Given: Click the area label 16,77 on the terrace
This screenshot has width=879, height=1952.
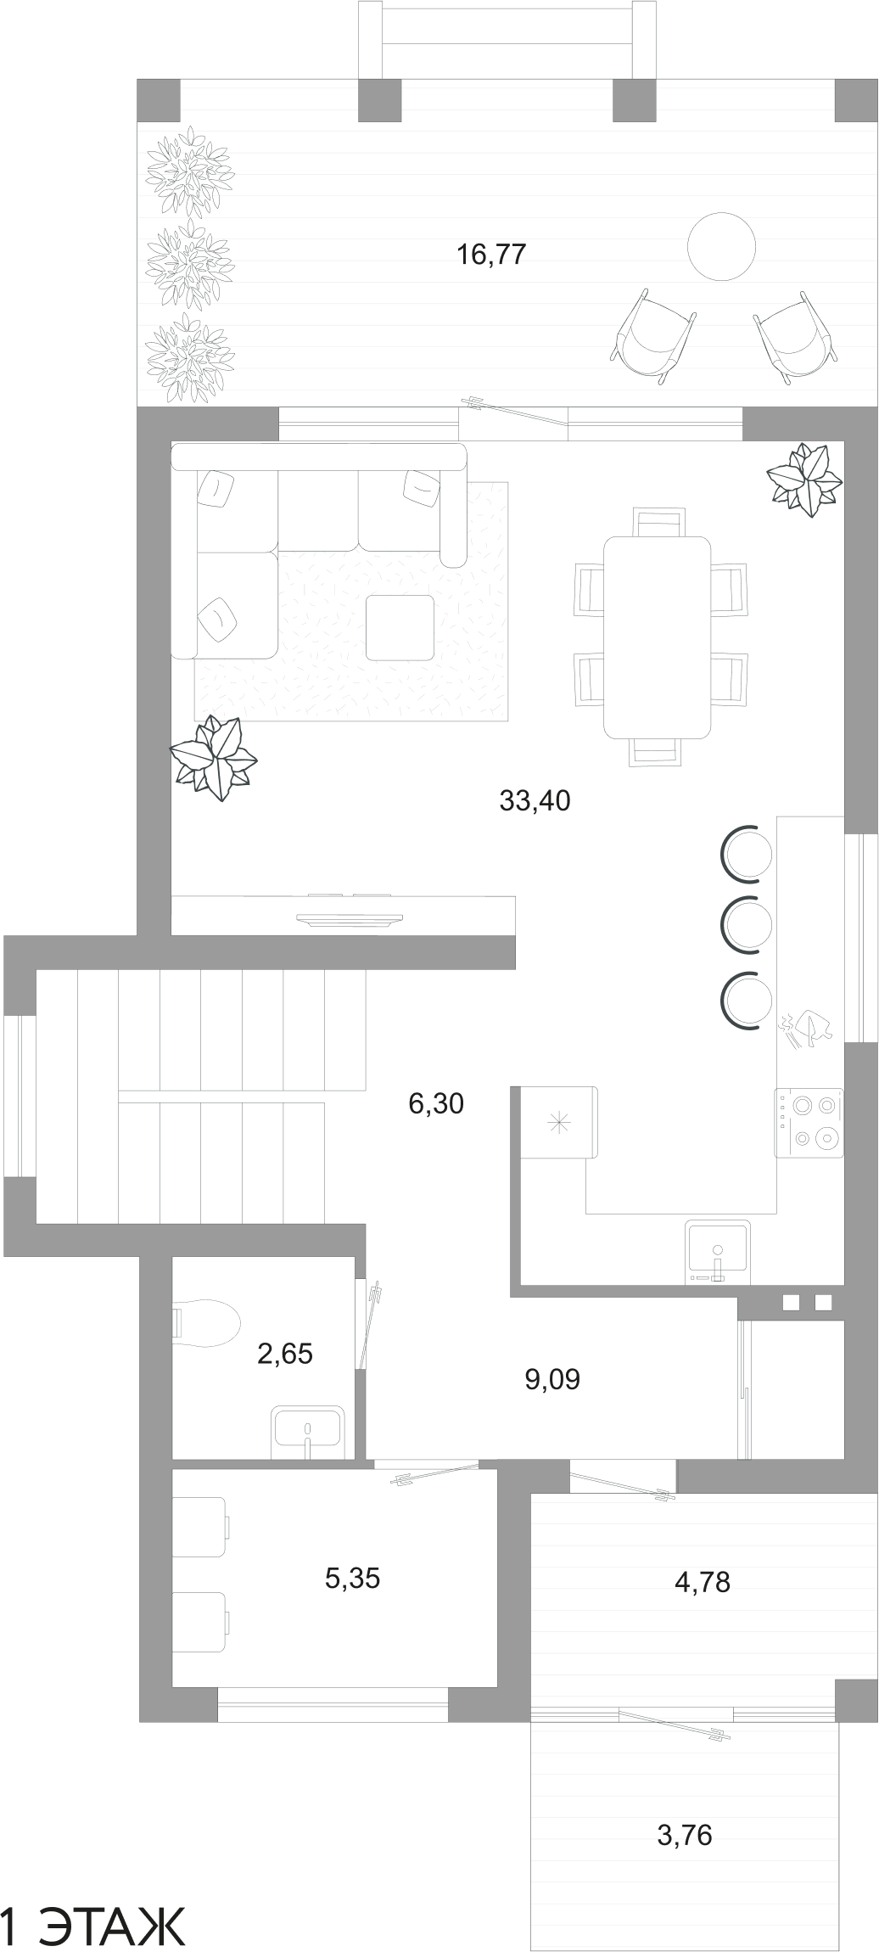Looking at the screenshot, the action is point(492,254).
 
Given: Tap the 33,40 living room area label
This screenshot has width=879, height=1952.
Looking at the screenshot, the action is point(535,800).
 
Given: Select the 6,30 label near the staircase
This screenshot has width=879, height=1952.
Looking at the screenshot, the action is point(436,1103).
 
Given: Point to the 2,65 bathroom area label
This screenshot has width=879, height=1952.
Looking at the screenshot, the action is point(285,1353).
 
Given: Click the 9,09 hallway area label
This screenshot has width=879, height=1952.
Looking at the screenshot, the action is point(552,1379).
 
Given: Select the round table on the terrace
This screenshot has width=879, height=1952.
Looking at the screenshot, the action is point(721,246).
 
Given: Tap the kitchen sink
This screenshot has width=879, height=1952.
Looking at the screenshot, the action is point(718,1251).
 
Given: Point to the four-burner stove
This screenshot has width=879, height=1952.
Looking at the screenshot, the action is point(809,1122).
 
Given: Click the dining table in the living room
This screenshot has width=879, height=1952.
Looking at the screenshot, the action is point(657,637).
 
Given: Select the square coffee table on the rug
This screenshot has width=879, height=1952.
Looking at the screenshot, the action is point(400,627).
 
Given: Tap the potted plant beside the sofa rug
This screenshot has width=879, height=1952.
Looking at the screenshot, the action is point(213,757).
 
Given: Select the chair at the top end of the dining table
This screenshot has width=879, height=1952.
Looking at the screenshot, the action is point(658,521).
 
